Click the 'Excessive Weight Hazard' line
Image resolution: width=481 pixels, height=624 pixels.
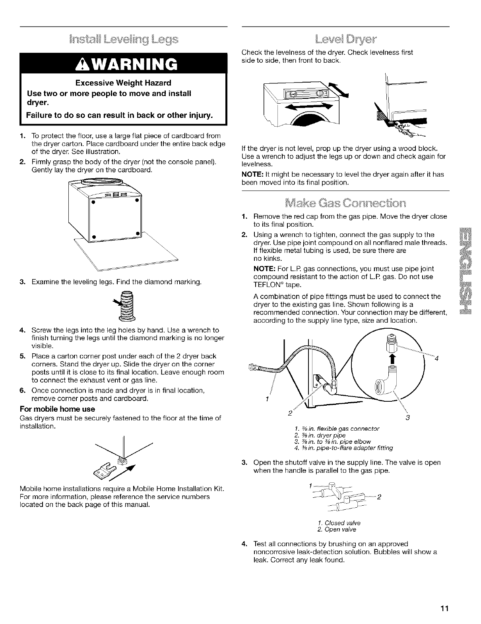pyautogui.click(x=123, y=83)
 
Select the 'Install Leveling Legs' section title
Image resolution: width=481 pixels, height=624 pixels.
pyautogui.click(x=124, y=40)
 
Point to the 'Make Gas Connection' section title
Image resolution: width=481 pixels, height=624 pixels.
pyautogui.click(x=345, y=203)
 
